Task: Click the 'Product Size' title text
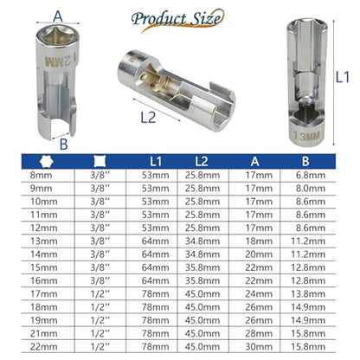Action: tap(177, 19)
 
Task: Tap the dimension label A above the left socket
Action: tap(58, 16)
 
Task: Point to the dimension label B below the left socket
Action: tap(64, 144)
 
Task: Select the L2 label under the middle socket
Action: tap(148, 118)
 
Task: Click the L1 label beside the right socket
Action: tap(343, 77)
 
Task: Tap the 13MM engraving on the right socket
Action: tap(306, 136)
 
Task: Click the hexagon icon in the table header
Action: tap(47, 161)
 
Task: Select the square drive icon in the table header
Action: tap(100, 161)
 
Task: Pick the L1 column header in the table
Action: tap(156, 162)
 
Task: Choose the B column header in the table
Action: tap(305, 162)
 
